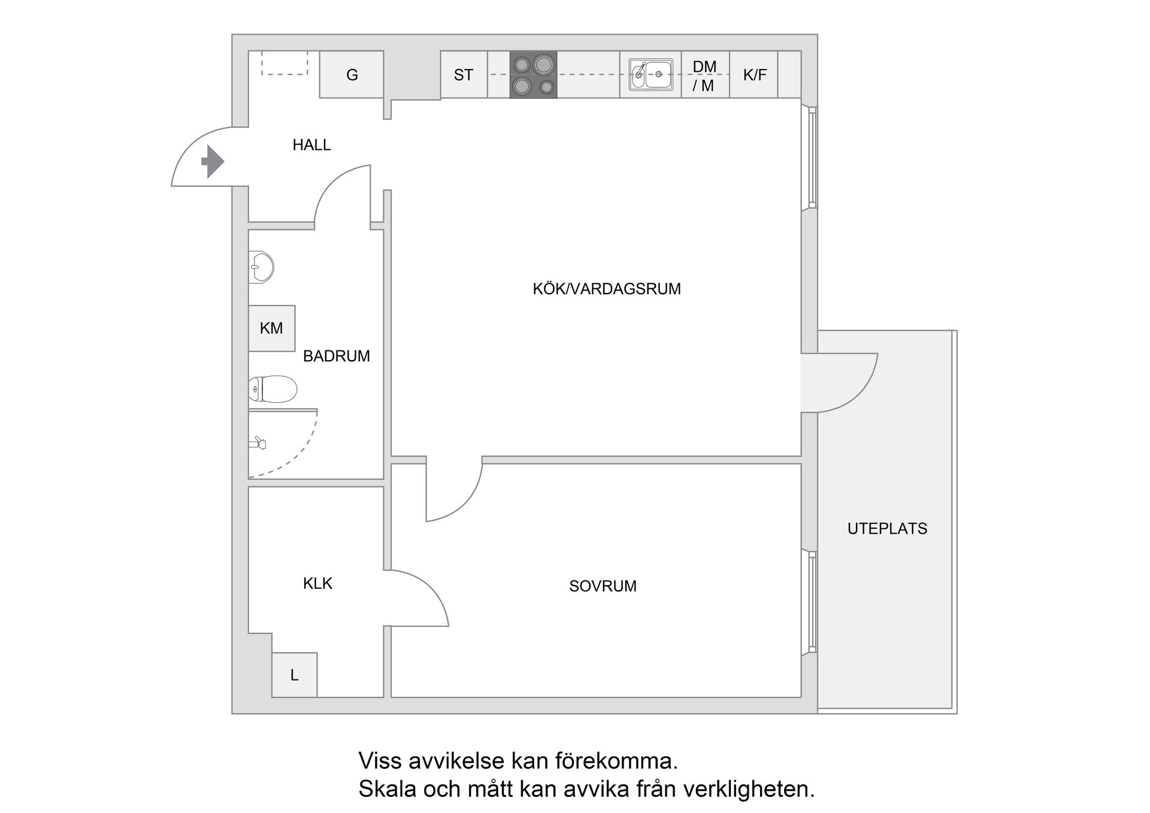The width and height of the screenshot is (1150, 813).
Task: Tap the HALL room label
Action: tap(311, 145)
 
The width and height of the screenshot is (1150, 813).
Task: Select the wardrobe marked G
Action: tap(352, 75)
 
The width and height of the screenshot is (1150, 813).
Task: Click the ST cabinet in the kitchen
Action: tap(464, 75)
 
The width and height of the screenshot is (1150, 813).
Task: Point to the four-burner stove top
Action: tap(533, 75)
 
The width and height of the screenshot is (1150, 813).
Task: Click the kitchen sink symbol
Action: tap(650, 75)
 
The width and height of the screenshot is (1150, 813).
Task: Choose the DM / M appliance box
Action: tap(705, 75)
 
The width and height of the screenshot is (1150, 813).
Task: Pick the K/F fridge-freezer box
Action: tap(754, 75)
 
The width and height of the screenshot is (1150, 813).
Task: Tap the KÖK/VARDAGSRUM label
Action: tap(606, 289)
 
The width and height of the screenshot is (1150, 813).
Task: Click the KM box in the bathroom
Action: tap(271, 328)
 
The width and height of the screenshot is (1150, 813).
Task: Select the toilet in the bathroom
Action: tap(273, 389)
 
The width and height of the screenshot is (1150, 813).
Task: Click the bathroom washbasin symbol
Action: tap(261, 267)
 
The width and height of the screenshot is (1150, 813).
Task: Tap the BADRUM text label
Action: tap(336, 356)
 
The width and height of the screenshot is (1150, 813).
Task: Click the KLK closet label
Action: tap(317, 584)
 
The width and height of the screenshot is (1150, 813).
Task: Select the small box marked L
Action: tap(294, 675)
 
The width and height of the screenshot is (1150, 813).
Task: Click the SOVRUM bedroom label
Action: tap(603, 586)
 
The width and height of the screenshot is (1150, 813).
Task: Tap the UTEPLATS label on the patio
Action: tap(887, 528)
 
